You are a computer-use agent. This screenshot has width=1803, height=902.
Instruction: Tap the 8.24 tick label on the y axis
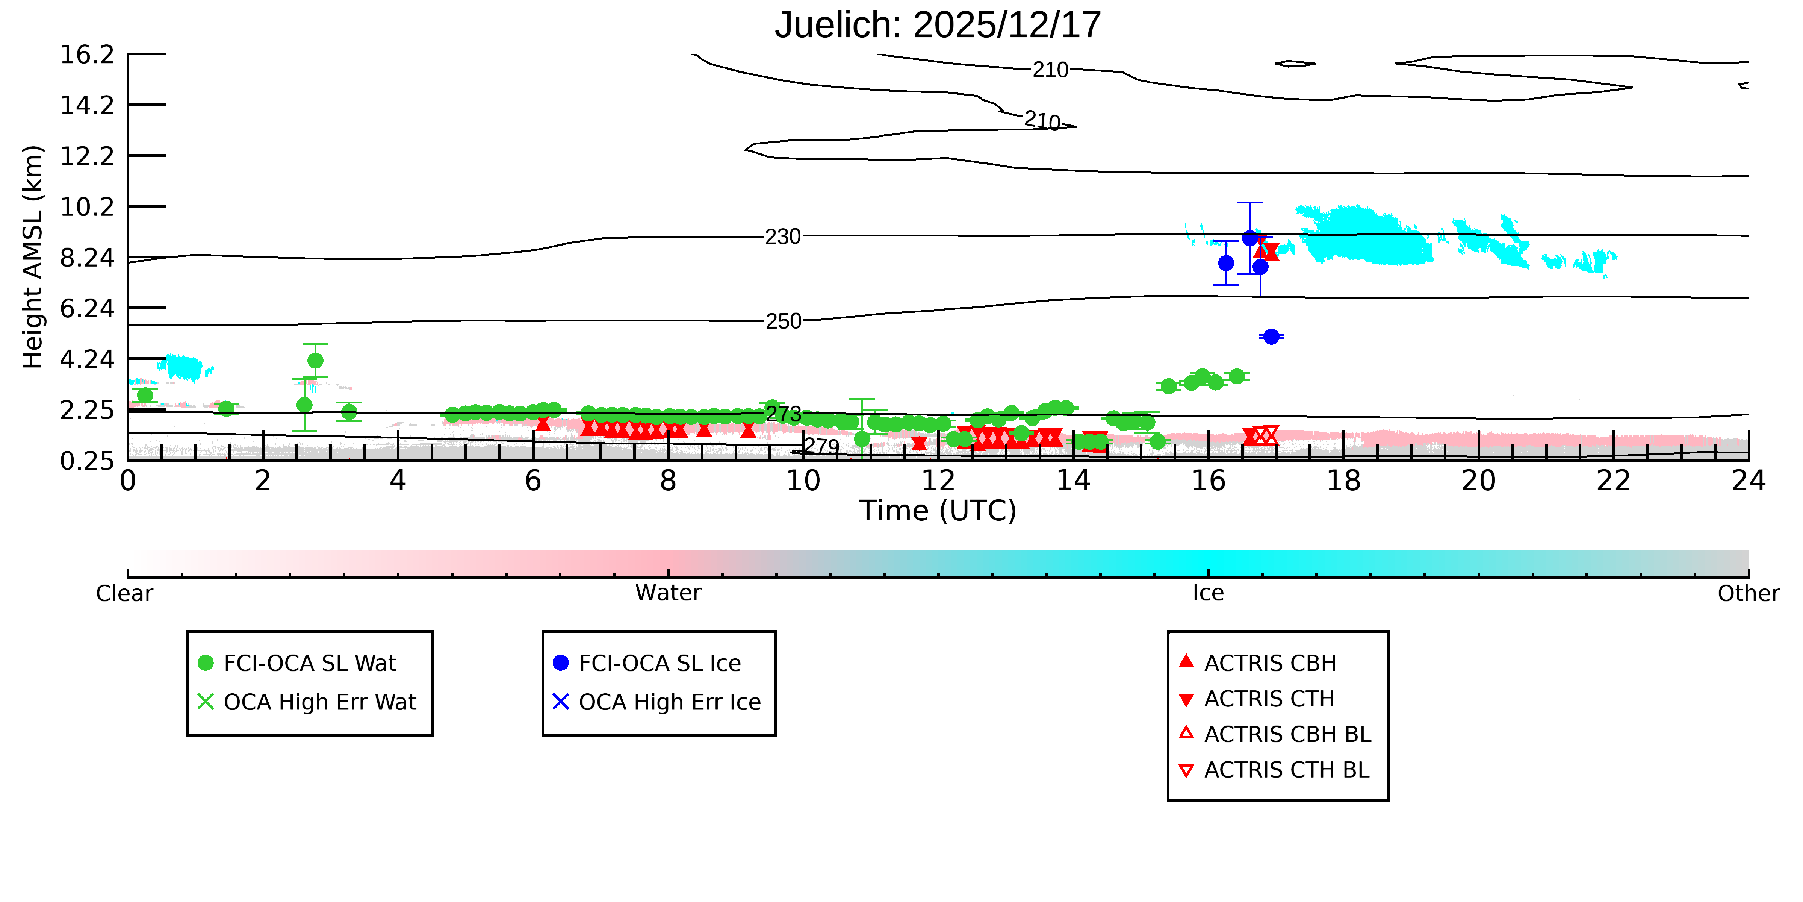pos(87,258)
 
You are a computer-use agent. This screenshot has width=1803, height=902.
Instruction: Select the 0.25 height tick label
pos(87,461)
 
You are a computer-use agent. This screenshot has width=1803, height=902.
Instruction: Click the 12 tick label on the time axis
pos(938,481)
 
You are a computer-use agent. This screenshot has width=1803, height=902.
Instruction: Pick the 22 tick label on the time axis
pos(1613,481)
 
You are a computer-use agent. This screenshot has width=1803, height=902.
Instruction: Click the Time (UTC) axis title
pos(938,511)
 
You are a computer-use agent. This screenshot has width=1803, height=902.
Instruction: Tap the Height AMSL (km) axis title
pos(33,257)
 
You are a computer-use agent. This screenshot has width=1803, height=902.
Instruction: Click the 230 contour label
pos(782,237)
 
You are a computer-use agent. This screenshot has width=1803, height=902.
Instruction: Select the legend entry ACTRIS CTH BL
pos(1274,770)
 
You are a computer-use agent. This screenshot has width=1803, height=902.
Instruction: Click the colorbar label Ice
pos(1208,593)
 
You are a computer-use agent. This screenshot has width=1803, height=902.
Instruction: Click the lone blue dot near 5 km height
pos(1271,337)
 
